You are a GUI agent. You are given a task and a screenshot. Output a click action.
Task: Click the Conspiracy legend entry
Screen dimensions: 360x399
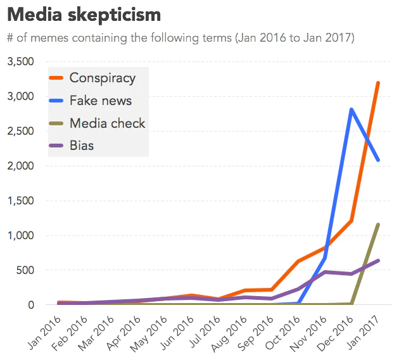coord(102,78)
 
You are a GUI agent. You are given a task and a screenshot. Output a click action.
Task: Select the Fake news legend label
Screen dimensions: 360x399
coord(100,101)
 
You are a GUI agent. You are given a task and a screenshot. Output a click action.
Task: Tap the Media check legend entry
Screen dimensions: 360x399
coord(107,123)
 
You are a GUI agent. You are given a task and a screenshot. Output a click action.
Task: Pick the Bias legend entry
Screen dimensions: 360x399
coord(82,146)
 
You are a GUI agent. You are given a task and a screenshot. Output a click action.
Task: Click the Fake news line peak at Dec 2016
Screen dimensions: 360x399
coord(351,109)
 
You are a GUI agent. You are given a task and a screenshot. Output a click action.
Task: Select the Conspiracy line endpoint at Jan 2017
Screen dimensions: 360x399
coord(378,83)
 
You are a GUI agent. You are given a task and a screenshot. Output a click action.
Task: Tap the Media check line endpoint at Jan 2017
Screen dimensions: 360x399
coord(378,225)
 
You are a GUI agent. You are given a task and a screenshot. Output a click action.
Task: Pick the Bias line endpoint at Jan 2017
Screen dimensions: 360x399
coord(378,261)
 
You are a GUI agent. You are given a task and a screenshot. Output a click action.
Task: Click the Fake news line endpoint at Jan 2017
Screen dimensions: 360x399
coord(378,160)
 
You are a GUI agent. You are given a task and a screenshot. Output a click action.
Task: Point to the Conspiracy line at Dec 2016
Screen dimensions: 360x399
coord(351,221)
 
